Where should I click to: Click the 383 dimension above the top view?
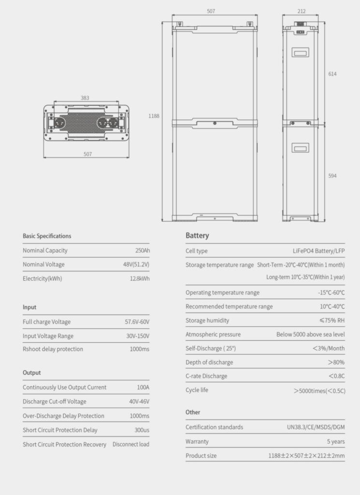click(85, 98)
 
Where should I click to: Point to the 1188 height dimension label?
click(154, 116)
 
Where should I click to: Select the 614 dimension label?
click(332, 74)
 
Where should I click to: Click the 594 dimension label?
click(332, 175)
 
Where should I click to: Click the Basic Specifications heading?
click(47, 236)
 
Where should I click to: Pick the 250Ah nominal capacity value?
click(142, 250)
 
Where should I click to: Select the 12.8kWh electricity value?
click(139, 278)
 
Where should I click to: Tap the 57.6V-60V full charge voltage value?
click(137, 322)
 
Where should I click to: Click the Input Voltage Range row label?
click(48, 336)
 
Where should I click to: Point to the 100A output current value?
click(143, 387)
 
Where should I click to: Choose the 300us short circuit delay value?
click(142, 430)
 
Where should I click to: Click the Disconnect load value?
click(131, 444)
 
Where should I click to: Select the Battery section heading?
click(197, 235)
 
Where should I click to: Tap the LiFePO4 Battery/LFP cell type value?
click(319, 251)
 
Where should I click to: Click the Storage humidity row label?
click(207, 320)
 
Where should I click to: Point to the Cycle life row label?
click(197, 390)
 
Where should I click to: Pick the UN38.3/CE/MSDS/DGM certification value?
click(316, 427)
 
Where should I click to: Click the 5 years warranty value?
click(335, 441)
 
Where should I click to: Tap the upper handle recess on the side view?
click(301, 52)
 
